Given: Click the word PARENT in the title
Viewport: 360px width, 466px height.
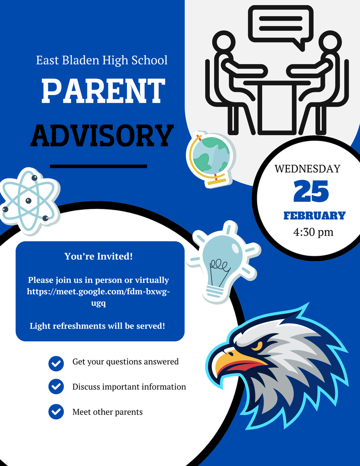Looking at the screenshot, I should point(103,91).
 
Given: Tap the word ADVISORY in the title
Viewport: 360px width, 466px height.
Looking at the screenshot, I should point(102,135).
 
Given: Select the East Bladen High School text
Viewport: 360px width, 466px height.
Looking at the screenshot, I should point(102,60).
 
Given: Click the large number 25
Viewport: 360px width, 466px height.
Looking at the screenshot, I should point(311,192).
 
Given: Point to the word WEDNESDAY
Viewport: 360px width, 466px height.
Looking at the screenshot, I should point(307,169).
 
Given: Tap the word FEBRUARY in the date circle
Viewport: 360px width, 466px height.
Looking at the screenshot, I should point(314,216).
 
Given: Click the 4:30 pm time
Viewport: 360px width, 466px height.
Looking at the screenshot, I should point(313,232).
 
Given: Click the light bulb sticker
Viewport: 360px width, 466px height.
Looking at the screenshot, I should point(223,260).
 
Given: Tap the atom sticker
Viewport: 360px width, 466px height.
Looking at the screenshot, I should point(29,201).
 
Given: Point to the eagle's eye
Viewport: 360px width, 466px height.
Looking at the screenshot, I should point(258,345).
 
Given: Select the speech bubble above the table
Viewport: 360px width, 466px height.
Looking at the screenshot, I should point(280,25).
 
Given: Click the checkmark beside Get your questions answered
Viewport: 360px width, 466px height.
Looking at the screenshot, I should point(56,363).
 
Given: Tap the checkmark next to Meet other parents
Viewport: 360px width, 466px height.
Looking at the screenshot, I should point(56,412).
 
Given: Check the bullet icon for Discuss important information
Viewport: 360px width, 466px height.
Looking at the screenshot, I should point(56,387).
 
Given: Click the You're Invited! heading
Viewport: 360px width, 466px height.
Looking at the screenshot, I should point(99,256).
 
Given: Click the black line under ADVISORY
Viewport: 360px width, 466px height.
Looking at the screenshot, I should point(98,166).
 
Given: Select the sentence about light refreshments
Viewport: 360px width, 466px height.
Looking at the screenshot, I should point(97,326).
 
